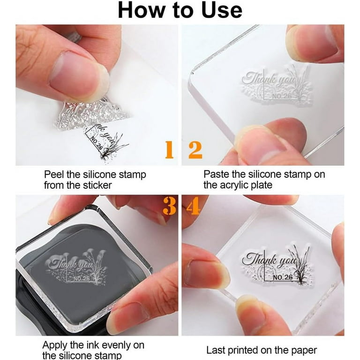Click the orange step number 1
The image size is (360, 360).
(169, 150)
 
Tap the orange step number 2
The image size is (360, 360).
(195, 150)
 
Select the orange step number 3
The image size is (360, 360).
(169, 206)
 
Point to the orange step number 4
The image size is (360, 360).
(193, 206)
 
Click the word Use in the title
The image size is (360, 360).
(222, 11)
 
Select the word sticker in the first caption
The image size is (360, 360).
(97, 185)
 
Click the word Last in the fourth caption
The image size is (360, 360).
(215, 350)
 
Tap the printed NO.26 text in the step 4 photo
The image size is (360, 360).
(283, 277)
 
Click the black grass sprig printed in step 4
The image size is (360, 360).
(299, 264)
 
